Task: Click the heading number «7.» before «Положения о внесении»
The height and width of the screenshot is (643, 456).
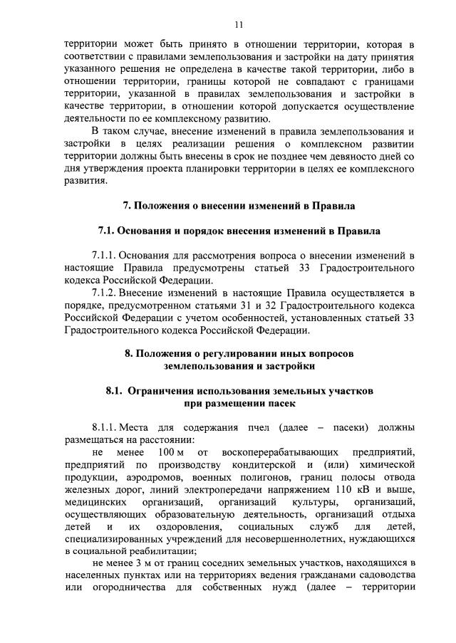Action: click(x=128, y=206)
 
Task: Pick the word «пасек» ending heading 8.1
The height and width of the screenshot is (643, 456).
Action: click(x=280, y=403)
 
